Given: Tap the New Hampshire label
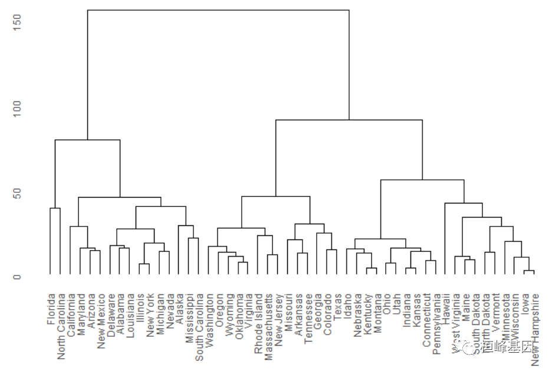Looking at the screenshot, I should click(534, 332).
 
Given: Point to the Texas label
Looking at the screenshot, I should click(337, 307).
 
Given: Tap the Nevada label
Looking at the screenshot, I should click(169, 309).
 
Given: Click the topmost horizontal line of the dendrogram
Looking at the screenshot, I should click(218, 10).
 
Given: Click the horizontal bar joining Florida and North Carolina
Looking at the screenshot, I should click(55, 208).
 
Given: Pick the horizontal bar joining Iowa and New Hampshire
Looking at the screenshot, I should click(529, 271).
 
